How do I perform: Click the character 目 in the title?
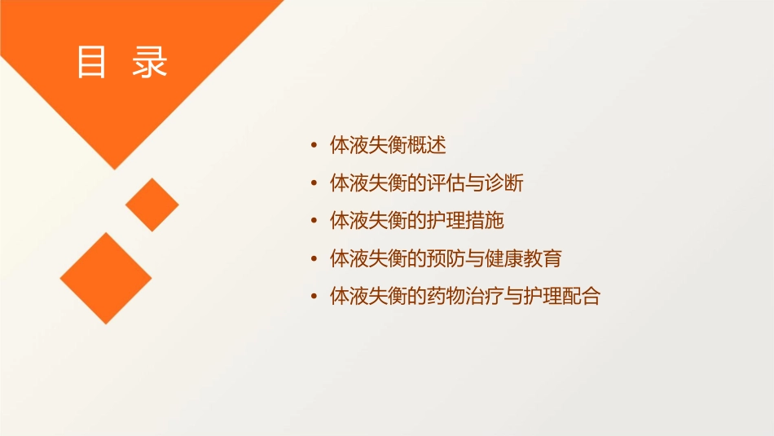click(x=91, y=63)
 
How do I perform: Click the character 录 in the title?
click(x=149, y=63)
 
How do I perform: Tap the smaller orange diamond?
click(x=152, y=205)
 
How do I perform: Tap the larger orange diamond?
click(x=106, y=278)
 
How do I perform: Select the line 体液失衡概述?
click(x=388, y=146)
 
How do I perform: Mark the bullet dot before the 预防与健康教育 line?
click(x=314, y=259)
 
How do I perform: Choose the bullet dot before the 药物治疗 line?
click(x=314, y=297)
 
